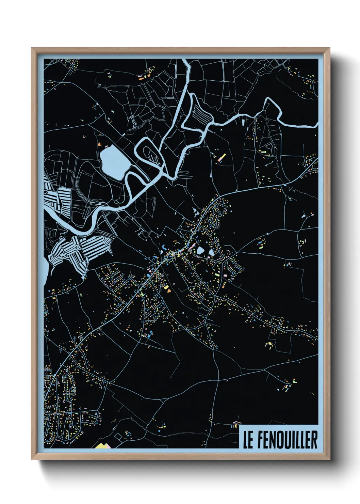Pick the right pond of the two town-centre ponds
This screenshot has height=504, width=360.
[x=211, y=252]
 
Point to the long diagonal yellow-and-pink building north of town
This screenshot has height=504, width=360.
[x=222, y=157]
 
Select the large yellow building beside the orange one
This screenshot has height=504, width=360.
[x=167, y=288]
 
